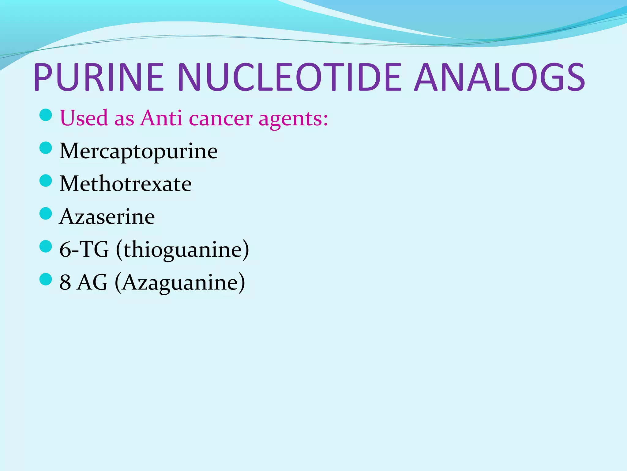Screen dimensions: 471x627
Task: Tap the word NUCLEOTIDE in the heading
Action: coord(289,77)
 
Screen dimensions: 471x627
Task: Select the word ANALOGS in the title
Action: coord(500,77)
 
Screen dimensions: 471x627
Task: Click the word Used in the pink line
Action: coord(84,118)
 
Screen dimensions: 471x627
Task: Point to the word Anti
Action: coord(161,118)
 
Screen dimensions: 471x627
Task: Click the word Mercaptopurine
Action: coord(138,151)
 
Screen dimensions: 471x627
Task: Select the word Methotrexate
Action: coord(126,184)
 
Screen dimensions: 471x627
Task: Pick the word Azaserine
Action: coord(107,217)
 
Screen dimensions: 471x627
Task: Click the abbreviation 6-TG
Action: coord(84,250)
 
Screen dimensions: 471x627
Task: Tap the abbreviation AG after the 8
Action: coord(92,282)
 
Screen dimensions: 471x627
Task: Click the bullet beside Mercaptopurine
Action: coord(46,148)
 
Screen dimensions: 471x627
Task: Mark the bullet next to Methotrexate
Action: coord(46,181)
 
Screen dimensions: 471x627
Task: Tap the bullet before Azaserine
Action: coord(46,213)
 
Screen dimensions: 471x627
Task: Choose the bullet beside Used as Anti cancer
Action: coord(46,115)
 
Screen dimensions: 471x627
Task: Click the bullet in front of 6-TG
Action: coord(46,246)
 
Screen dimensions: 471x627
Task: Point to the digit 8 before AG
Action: coord(65,282)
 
